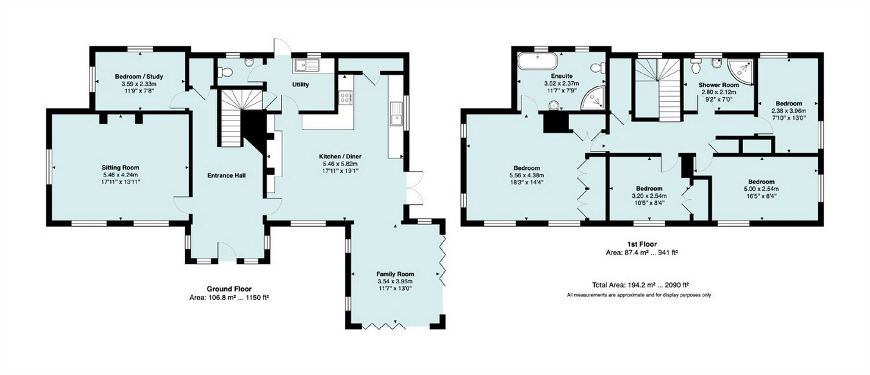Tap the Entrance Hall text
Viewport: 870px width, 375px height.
point(227,175)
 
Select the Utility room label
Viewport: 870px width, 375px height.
point(300,84)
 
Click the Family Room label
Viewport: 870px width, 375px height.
point(396,273)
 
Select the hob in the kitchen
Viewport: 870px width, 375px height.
point(345,98)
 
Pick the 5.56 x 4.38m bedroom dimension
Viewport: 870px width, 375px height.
point(527,175)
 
